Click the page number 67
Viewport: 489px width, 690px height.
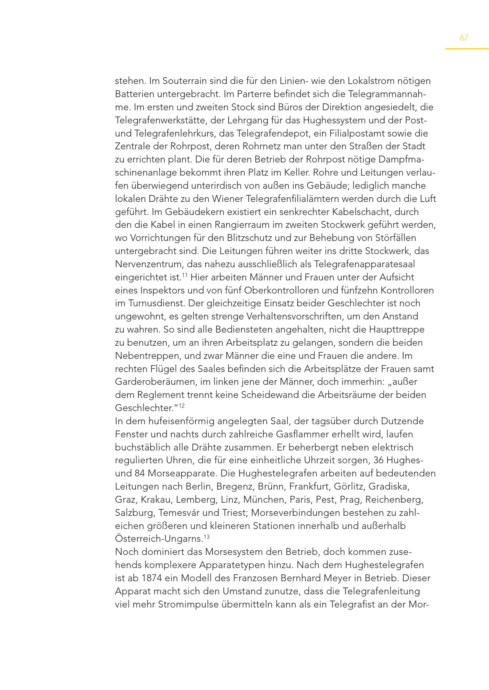(464, 38)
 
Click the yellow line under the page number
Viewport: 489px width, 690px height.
(467, 49)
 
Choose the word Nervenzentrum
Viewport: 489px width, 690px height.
(148, 264)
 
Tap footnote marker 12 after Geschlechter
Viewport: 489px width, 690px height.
(182, 405)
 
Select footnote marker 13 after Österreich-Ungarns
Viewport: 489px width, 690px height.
(207, 537)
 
